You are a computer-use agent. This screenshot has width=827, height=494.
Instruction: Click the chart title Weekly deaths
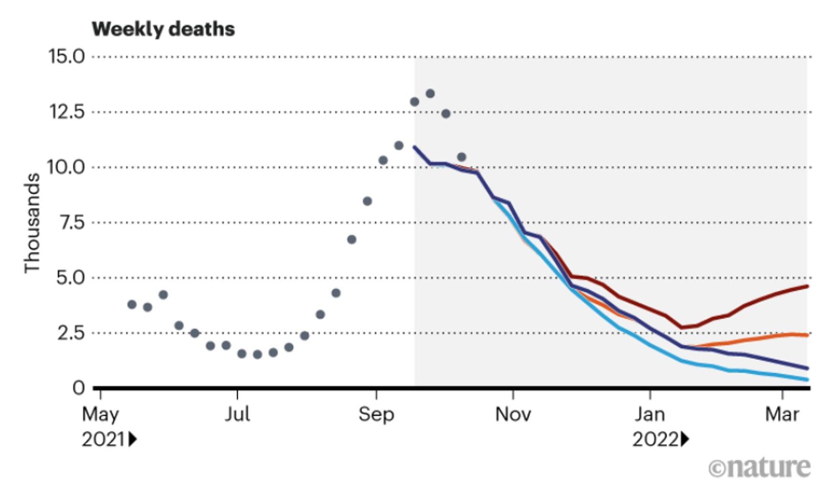click(163, 30)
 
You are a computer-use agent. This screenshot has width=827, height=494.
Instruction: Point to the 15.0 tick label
click(66, 57)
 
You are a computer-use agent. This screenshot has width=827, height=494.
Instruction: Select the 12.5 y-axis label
click(66, 112)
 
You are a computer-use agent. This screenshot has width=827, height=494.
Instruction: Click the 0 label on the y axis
click(79, 388)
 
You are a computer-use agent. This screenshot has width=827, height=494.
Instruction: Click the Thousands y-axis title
click(32, 223)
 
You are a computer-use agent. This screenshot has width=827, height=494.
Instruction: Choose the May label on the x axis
click(100, 414)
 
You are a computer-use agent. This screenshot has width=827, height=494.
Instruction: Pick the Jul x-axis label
click(237, 414)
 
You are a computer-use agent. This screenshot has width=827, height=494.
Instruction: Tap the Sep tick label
click(376, 414)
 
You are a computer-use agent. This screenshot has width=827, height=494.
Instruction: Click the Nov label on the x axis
click(513, 414)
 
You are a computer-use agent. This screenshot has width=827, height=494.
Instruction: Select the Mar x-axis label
click(782, 414)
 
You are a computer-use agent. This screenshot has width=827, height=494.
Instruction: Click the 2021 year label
click(103, 440)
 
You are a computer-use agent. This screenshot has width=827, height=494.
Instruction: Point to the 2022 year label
click(655, 440)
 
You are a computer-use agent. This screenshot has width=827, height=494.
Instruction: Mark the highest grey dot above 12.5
click(430, 94)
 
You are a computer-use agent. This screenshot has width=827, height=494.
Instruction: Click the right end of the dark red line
click(807, 286)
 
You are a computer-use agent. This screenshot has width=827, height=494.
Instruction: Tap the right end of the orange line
click(807, 335)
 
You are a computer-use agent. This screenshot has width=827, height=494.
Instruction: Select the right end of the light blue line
click(807, 379)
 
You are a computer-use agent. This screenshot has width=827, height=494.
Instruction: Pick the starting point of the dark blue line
click(414, 147)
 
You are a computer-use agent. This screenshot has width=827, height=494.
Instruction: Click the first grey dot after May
click(132, 305)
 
